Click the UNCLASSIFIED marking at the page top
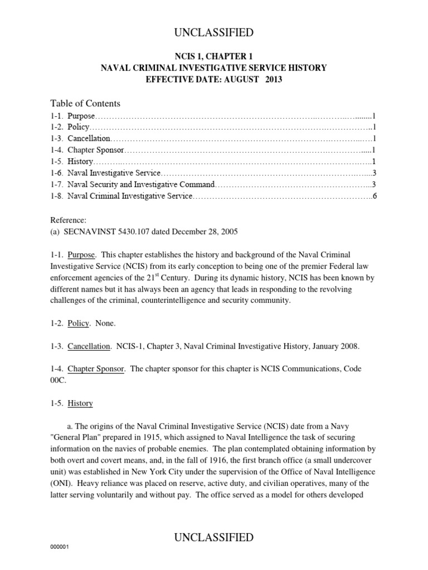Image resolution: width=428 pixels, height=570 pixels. [214, 33]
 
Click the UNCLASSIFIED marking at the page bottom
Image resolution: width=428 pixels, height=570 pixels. [214, 537]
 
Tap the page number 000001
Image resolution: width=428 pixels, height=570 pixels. [59, 562]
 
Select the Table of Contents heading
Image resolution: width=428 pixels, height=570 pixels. [85, 104]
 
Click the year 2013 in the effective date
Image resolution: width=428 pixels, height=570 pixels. [271, 79]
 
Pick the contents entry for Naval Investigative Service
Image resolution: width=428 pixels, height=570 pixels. [114, 174]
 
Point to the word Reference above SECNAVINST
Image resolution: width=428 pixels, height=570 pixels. [68, 220]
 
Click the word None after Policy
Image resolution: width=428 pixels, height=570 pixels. [105, 323]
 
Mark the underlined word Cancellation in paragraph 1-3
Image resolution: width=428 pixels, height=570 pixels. [89, 346]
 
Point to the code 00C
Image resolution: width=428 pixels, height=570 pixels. [59, 380]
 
